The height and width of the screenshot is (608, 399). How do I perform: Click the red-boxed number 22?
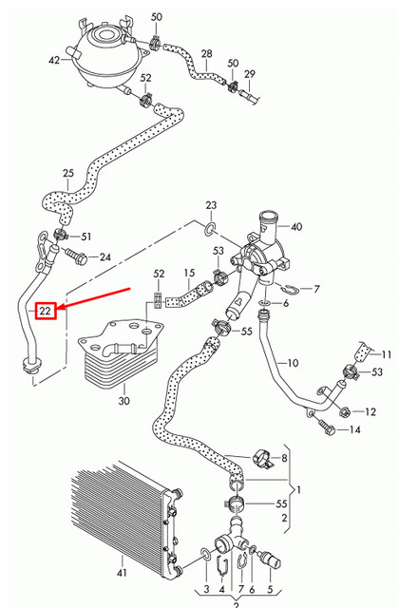[45, 311]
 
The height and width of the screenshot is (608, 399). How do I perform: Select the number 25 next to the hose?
[67, 173]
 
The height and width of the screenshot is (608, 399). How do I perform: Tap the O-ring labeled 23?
[207, 227]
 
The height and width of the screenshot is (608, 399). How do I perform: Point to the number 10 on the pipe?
[293, 363]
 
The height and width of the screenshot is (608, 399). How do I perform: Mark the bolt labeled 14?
[329, 429]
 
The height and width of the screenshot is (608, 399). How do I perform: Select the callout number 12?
[370, 411]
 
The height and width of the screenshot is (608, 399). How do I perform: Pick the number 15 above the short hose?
[188, 274]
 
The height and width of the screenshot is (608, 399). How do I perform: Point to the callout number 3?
[205, 590]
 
